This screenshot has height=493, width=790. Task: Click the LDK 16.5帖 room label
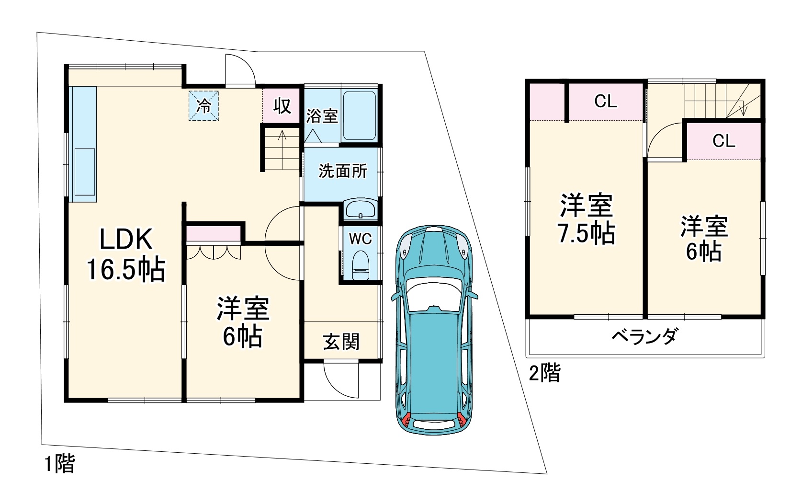point(125,254)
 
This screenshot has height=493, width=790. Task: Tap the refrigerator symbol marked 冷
point(203,105)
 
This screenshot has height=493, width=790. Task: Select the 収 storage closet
point(282,105)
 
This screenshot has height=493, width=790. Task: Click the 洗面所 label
point(343,171)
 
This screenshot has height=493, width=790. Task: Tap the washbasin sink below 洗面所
point(360,209)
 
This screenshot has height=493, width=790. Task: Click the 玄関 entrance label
point(341,342)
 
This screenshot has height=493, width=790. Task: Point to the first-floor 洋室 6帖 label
point(243,322)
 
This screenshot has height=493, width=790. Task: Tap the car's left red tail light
point(406,420)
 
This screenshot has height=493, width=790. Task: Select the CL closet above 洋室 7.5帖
point(606,102)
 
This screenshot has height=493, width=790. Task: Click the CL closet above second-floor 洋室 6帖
point(723,141)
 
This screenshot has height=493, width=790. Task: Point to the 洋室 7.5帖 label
point(587,219)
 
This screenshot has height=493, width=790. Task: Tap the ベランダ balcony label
point(644,336)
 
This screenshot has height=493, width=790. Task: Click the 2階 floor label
point(544,373)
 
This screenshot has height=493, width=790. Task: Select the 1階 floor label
point(59,464)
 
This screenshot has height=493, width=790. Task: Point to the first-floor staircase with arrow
point(282,149)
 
